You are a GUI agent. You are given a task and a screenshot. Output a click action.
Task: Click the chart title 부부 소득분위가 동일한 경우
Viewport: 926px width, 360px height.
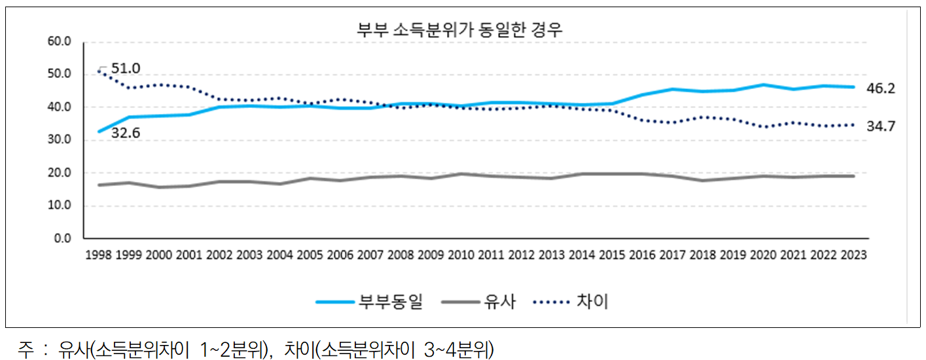(x=459, y=29)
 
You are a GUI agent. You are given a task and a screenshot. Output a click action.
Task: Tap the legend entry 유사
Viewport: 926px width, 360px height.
(x=500, y=302)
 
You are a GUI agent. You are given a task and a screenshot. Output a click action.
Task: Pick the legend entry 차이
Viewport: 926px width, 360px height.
(x=593, y=302)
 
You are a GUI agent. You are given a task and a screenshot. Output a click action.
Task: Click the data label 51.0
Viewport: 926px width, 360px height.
(x=126, y=68)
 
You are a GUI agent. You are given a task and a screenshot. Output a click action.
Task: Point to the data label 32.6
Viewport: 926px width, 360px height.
(x=126, y=135)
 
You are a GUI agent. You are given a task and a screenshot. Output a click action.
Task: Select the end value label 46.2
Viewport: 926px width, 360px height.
(x=882, y=88)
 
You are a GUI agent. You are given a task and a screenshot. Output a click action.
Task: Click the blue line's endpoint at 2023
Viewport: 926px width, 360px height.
(x=853, y=87)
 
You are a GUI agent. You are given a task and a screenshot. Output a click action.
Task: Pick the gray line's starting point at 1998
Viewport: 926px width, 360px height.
(x=99, y=185)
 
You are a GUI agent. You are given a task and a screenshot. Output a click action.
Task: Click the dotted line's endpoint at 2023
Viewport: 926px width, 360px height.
(x=853, y=124)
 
